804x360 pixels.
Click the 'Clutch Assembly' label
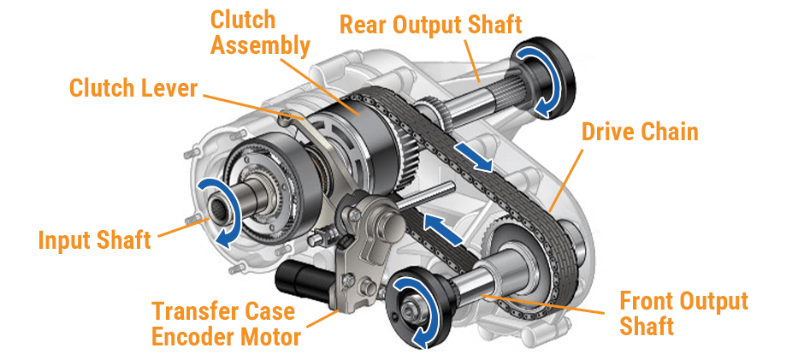(x=259, y=32)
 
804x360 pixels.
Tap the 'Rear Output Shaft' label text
(x=430, y=23)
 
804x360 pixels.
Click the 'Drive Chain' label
(x=640, y=132)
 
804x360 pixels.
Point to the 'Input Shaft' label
(x=94, y=239)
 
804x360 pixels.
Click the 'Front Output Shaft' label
(x=683, y=313)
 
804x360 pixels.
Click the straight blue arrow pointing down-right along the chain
(x=473, y=157)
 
